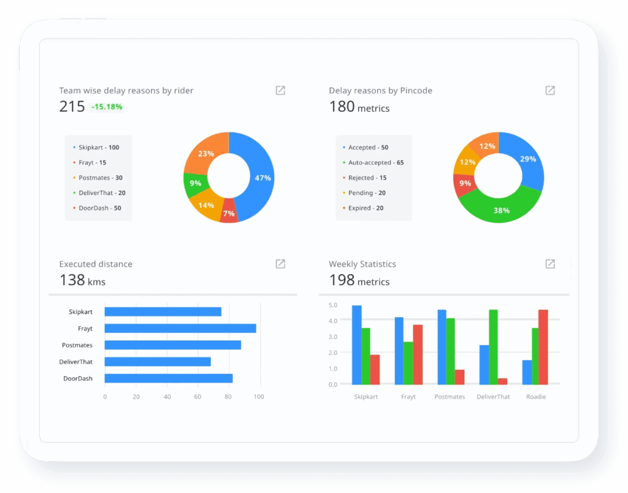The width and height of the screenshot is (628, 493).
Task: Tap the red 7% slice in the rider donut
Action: point(229,212)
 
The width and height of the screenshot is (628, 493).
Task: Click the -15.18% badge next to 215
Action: point(107,107)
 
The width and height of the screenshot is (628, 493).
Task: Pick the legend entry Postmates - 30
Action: point(101,178)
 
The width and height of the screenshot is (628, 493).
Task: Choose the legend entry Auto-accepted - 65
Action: point(375,162)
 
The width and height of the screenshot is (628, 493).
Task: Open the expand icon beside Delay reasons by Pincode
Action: point(550,91)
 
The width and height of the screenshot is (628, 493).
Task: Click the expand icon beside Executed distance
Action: point(280,264)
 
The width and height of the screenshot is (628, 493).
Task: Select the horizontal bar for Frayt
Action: point(180,329)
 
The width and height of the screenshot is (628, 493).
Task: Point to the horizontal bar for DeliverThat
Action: point(158,362)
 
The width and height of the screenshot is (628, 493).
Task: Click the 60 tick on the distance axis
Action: point(197,397)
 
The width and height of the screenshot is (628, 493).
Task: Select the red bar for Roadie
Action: point(543,346)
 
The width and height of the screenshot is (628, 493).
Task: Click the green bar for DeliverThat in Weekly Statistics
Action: point(493,346)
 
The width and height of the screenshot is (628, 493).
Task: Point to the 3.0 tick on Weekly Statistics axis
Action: point(333,337)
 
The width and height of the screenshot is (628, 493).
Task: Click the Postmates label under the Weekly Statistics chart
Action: point(450,397)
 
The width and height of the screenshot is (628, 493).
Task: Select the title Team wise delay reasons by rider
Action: point(126,91)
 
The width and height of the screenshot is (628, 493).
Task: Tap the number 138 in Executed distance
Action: point(72,280)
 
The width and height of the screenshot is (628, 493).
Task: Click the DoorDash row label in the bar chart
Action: point(78,378)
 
